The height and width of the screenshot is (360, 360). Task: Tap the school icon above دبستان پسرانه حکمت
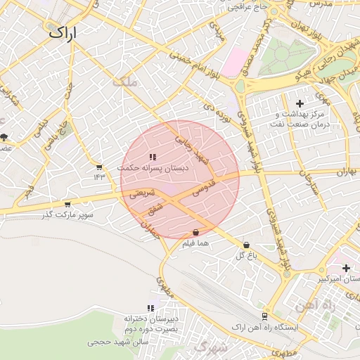[x=153, y=157]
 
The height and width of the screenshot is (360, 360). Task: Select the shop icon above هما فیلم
[x=195, y=233]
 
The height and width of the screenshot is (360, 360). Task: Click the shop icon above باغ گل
[x=245, y=245]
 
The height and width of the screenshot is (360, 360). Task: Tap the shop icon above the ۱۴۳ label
[x=99, y=167]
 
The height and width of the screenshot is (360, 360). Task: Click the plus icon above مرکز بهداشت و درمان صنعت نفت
[x=300, y=103]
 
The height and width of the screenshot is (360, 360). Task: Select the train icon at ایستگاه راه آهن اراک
[x=264, y=316]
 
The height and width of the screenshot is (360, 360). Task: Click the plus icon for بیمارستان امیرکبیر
[x=346, y=268]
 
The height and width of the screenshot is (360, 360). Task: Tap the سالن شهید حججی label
[x=114, y=342]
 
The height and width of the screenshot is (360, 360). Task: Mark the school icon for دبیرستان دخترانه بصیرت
[x=150, y=308]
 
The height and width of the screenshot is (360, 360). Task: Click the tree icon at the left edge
[x=4, y=136]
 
